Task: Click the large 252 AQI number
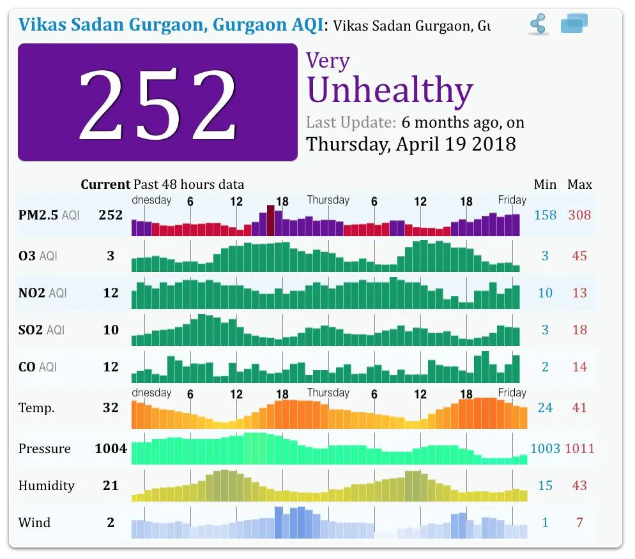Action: (158, 105)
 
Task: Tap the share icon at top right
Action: (538, 24)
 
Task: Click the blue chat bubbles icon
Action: (574, 23)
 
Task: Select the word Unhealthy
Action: (390, 90)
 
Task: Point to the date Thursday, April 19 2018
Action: (411, 144)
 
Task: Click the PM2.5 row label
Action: (49, 215)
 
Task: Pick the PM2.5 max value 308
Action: (579, 215)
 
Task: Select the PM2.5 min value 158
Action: (545, 215)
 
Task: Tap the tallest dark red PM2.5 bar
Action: (270, 220)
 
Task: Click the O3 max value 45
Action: (579, 256)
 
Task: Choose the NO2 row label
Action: (43, 292)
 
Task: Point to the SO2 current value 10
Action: (111, 330)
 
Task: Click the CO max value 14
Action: (579, 367)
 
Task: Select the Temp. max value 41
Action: (579, 408)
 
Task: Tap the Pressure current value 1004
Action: (111, 448)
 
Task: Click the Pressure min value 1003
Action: (545, 448)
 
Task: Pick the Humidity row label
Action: (47, 486)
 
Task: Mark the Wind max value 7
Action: (579, 523)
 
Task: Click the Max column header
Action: (579, 184)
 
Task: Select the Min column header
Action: (545, 184)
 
